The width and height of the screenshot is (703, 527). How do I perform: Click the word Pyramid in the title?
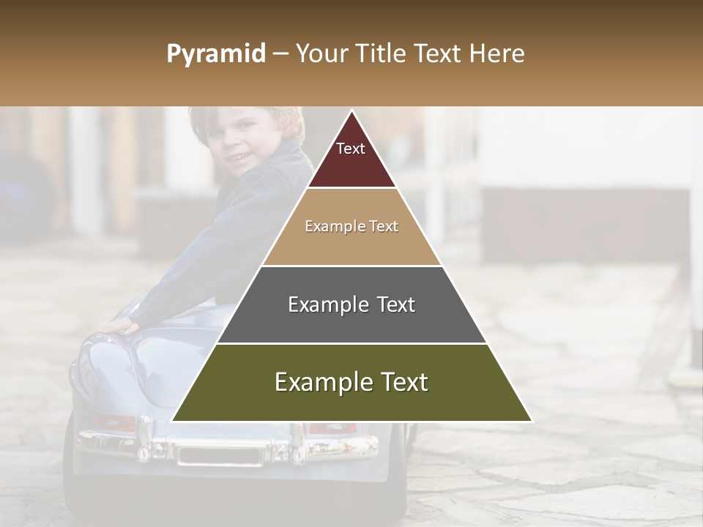point(215,54)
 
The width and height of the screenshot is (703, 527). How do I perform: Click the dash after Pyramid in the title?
point(280,54)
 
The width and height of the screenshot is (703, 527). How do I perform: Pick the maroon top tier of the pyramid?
point(351,157)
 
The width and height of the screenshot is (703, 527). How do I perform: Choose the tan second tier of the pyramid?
point(351,227)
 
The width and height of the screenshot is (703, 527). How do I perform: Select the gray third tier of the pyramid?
point(351,304)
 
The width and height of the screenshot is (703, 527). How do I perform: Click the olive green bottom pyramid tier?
point(351,383)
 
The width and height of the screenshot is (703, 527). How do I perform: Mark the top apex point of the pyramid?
point(351,112)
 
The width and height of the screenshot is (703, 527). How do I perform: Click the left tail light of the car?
point(116,423)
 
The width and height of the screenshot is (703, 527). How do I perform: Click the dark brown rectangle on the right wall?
point(586,223)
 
